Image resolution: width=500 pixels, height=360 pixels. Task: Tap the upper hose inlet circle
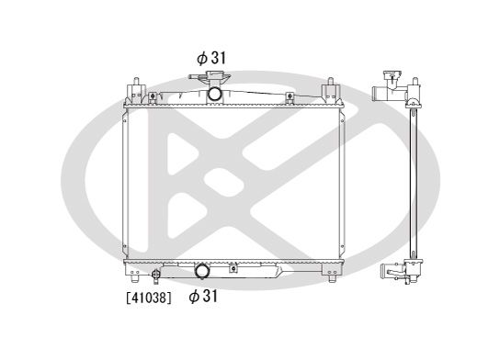coord(214,94)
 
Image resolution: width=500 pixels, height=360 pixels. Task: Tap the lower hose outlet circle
coord(202,272)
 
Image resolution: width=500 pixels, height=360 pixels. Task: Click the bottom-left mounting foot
coord(128,275)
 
